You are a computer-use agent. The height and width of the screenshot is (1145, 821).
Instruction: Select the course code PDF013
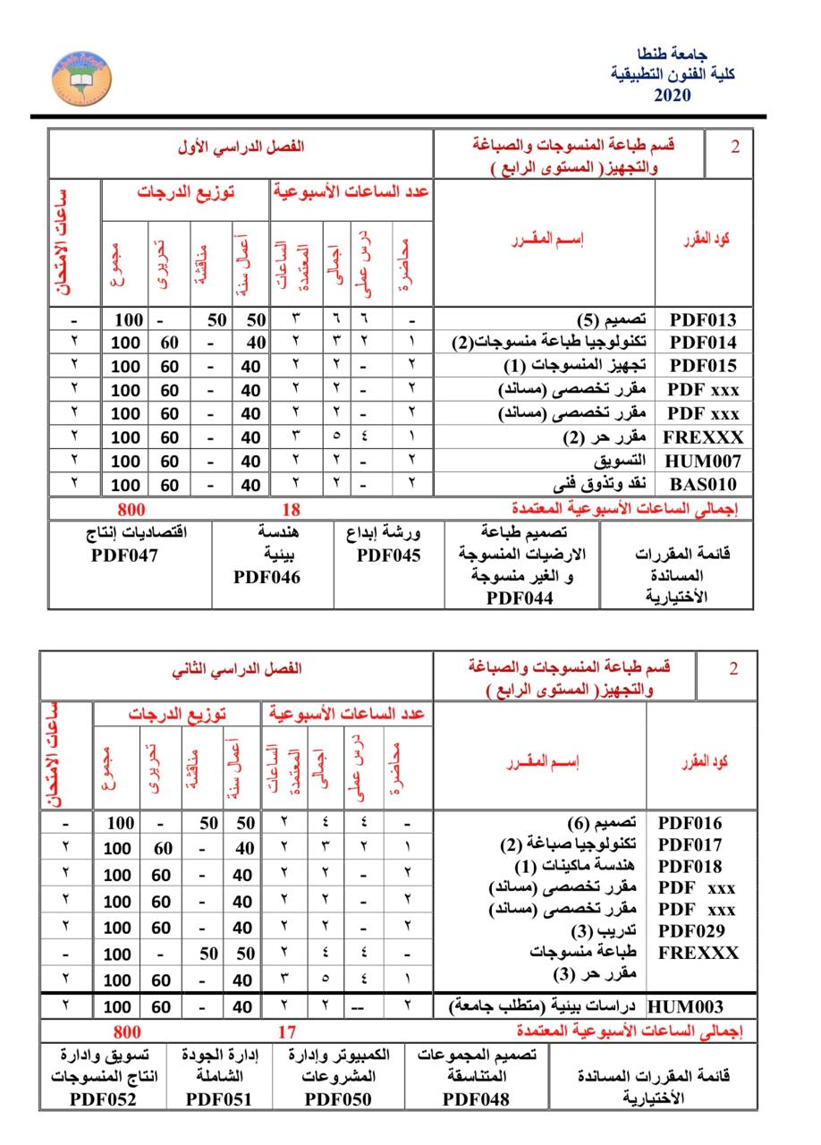(703, 319)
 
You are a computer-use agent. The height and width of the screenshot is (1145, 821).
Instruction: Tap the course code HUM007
(703, 461)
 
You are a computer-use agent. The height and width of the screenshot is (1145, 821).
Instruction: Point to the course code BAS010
(703, 485)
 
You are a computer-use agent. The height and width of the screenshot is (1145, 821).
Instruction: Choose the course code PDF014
(703, 342)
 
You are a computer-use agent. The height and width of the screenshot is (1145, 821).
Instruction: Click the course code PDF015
(703, 365)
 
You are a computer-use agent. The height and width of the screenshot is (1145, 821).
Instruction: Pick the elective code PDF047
(124, 555)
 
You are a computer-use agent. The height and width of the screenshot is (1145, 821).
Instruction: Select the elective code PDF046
(267, 577)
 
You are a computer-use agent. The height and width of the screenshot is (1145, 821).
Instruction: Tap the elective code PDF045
(388, 555)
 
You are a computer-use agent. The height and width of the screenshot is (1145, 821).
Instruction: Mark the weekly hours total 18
(292, 509)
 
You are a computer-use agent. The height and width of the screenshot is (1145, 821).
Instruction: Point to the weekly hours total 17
(286, 1031)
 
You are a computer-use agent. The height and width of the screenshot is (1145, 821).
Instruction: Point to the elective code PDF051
(219, 1099)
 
